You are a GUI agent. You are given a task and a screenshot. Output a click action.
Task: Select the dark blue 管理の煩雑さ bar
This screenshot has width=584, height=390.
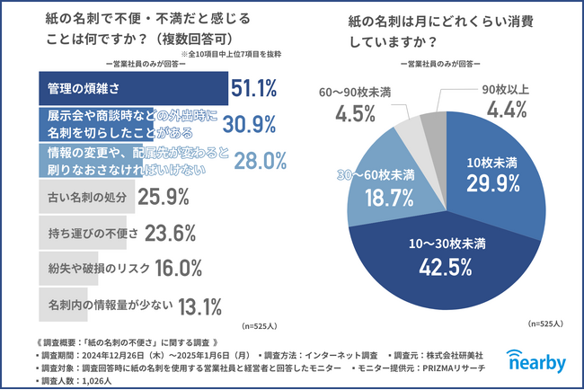point(126,89)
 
